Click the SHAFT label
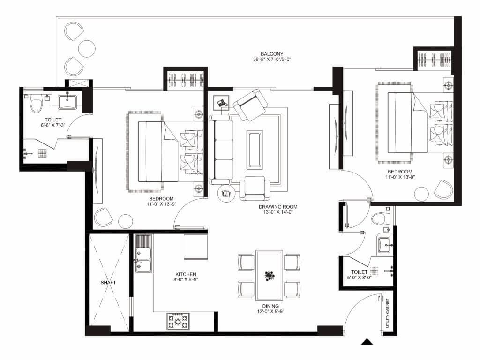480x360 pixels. pos(108,283)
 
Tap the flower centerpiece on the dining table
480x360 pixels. pos(269,275)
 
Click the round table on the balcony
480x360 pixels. pos(87,48)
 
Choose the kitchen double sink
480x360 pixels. pos(143,254)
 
